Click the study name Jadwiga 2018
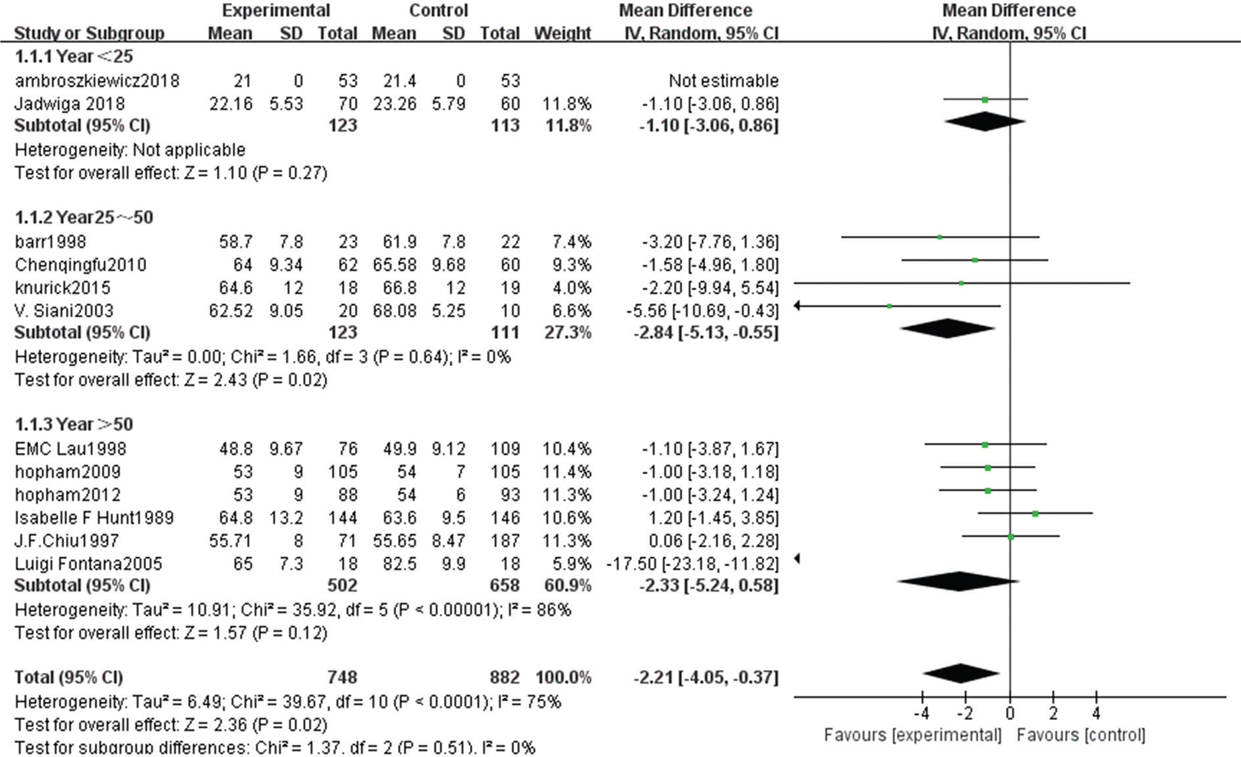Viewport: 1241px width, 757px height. [69, 103]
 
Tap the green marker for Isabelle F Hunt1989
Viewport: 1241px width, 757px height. [1035, 514]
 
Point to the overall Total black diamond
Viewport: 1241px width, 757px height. [961, 674]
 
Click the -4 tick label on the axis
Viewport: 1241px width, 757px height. [921, 714]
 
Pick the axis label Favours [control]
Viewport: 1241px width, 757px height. [1080, 735]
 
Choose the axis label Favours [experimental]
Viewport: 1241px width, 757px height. [912, 735]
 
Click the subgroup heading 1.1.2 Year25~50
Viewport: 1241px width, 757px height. [83, 218]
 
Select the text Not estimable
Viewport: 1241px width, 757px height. [723, 80]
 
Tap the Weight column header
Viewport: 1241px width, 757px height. [562, 33]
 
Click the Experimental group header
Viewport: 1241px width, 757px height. [276, 11]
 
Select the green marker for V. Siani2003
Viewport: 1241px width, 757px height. [890, 306]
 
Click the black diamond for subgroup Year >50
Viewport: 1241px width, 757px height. [958, 581]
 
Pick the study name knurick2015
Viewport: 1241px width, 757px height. [62, 288]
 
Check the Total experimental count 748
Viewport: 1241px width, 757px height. [342, 677]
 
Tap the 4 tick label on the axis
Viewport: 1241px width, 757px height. [1096, 714]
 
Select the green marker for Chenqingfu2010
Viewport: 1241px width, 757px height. [975, 260]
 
